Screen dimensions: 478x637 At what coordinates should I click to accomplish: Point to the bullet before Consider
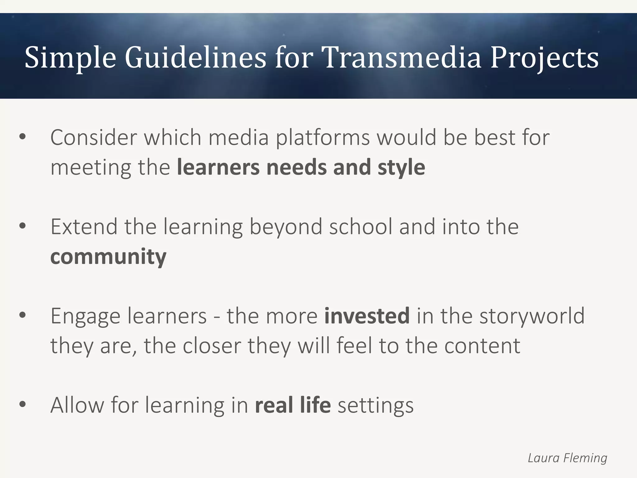(22, 137)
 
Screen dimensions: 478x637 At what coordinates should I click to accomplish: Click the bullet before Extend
(22, 227)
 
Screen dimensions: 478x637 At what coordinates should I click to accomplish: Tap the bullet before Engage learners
(22, 316)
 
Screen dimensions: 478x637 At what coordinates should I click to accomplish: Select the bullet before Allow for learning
(22, 405)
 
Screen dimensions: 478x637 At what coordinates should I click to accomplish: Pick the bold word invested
(367, 316)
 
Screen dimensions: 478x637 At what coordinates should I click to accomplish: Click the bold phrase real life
(292, 405)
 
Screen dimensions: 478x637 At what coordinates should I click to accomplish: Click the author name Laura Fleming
(567, 458)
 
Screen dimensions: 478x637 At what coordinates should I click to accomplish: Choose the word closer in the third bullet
(212, 345)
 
